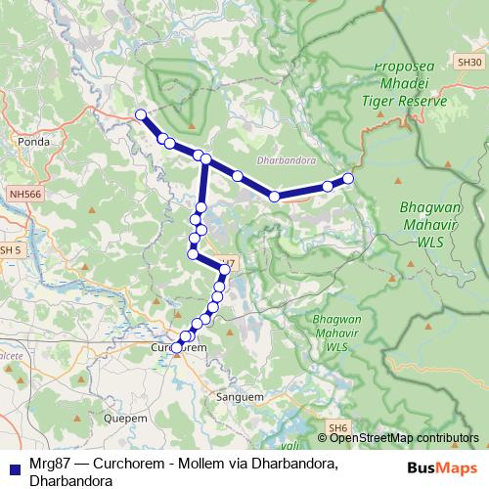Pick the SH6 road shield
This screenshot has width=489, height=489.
(x=338, y=428)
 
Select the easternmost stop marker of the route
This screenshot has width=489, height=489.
(x=348, y=179)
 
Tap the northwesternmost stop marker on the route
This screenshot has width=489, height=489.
(x=141, y=115)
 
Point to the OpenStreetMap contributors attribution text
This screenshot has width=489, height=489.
(x=403, y=438)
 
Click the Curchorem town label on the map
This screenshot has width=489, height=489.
(x=180, y=347)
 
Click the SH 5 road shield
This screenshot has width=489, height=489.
(x=10, y=250)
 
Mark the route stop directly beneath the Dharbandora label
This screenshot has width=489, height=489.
(x=275, y=197)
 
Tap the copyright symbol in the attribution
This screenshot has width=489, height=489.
(x=322, y=438)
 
